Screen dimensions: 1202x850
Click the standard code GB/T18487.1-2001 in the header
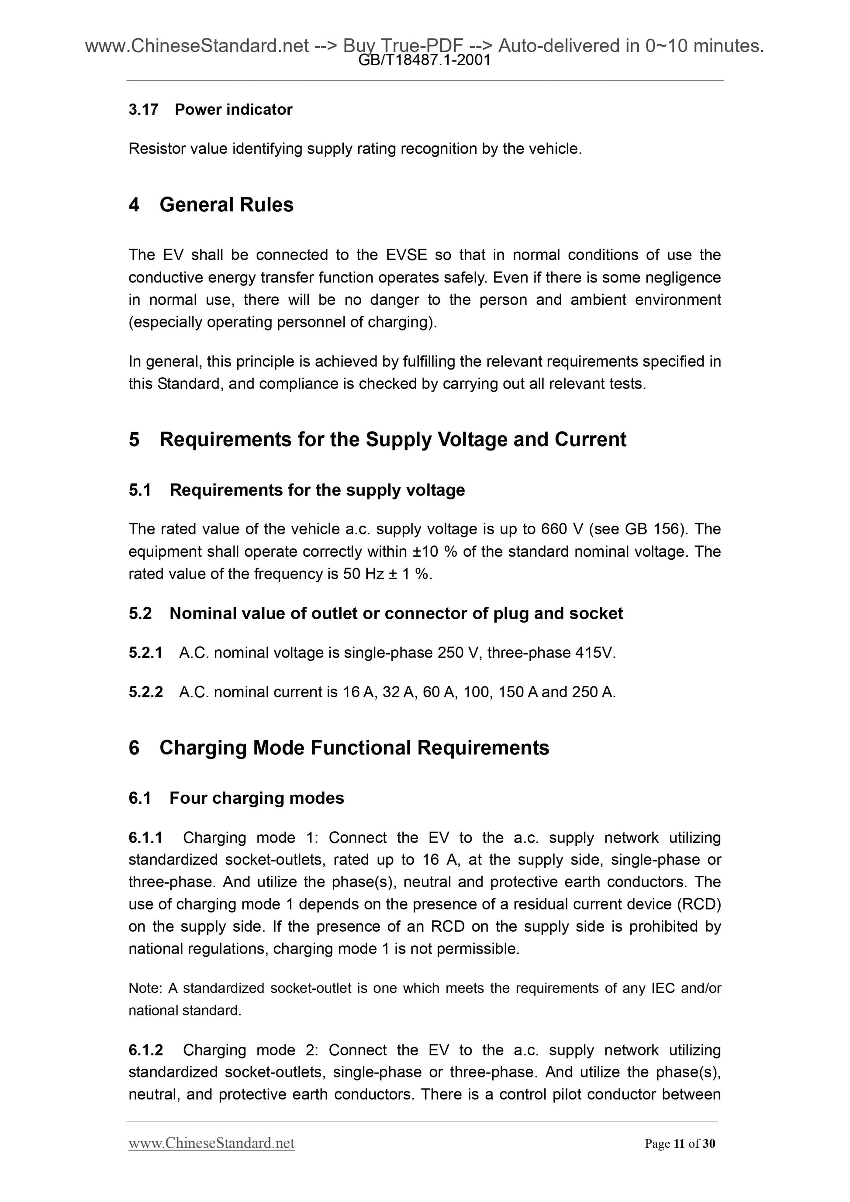[x=424, y=61]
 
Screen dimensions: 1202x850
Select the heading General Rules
[x=226, y=205]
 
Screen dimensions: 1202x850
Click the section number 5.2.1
[x=145, y=653]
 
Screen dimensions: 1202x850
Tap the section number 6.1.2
[x=145, y=1050]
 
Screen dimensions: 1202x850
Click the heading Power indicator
[x=234, y=110]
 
